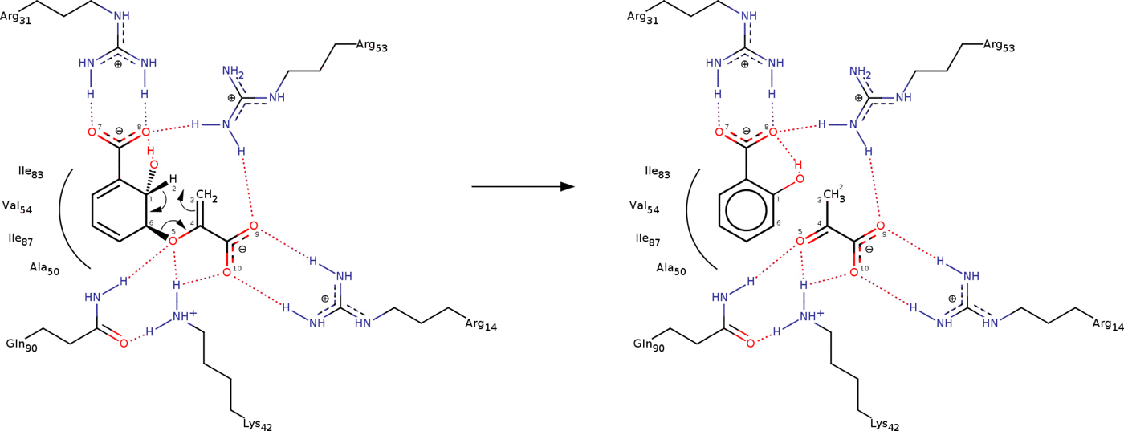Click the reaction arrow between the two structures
pyautogui.click(x=522, y=186)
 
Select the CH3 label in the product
pyautogui.click(x=836, y=195)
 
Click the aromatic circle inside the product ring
pyautogui.click(x=747, y=214)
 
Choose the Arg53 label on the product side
pyautogui.click(x=999, y=47)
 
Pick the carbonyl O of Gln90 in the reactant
pyautogui.click(x=123, y=343)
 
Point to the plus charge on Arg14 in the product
pyautogui.click(x=952, y=299)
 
